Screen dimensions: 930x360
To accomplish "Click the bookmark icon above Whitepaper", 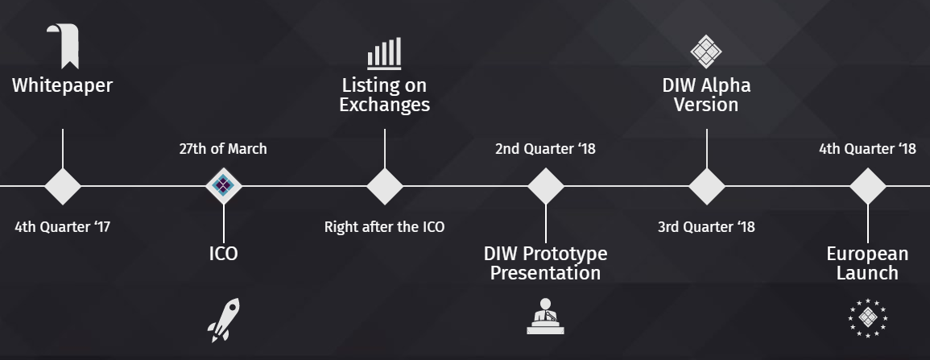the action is click(64, 46).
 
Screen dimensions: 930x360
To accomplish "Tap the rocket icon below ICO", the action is click(224, 321).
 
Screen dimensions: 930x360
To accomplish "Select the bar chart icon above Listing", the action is click(384, 53).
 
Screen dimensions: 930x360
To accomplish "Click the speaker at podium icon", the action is click(545, 317).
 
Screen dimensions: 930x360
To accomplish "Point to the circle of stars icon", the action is click(868, 318).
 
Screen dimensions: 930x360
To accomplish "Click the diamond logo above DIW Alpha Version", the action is click(706, 52).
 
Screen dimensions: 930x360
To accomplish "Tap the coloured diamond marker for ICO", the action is click(224, 186).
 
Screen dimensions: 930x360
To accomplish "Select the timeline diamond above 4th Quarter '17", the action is click(63, 186).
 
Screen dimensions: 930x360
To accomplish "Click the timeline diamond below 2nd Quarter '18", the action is click(546, 186).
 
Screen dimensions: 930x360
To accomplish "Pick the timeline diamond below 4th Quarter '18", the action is click(868, 186).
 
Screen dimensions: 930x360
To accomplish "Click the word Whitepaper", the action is click(62, 85).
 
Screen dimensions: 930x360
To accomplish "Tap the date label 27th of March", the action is click(223, 149).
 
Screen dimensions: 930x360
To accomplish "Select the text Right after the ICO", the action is click(384, 226).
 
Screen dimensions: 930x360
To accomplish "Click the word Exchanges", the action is click(384, 105).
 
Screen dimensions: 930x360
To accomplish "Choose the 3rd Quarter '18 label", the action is click(706, 226).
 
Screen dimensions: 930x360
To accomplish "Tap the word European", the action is click(868, 254).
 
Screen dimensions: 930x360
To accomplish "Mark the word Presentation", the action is click(546, 273).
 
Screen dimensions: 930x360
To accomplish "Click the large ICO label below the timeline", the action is click(224, 254).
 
